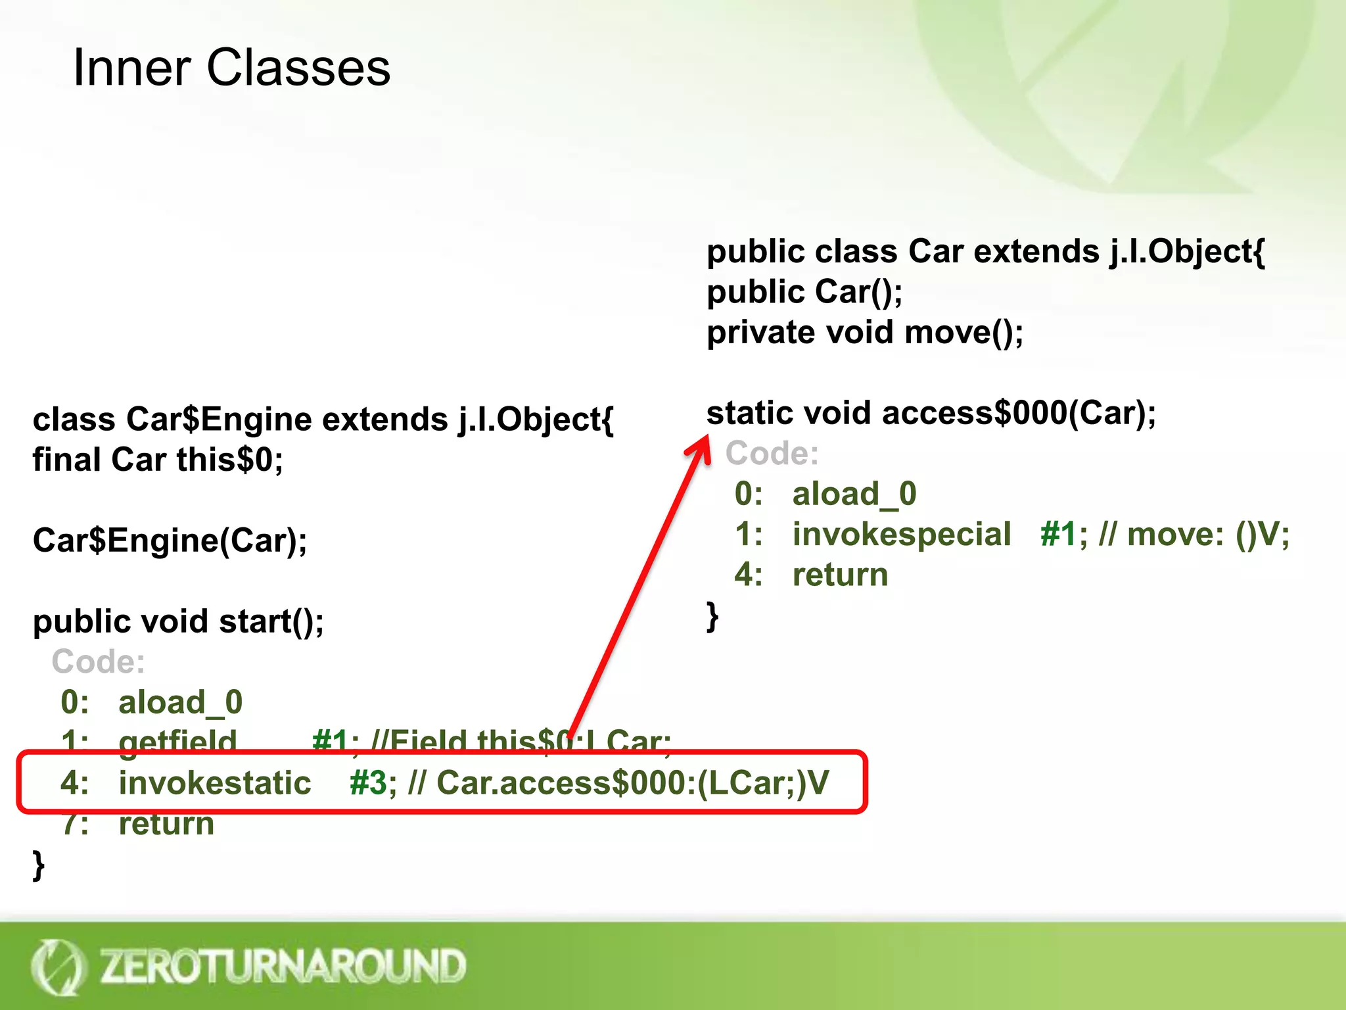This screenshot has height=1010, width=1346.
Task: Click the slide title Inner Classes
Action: click(231, 68)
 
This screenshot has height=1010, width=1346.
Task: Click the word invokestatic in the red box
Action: click(214, 782)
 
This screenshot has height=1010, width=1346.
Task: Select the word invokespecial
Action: click(901, 534)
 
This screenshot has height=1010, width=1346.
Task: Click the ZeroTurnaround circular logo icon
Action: click(58, 967)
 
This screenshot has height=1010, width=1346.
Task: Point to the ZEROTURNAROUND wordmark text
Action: click(283, 966)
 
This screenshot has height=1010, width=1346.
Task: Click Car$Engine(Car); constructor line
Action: click(170, 541)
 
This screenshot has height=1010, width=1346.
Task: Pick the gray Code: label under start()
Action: click(99, 661)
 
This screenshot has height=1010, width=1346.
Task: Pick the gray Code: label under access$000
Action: click(772, 453)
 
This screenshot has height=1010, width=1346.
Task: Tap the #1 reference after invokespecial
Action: click(1058, 534)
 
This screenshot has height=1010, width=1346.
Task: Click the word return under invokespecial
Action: click(840, 575)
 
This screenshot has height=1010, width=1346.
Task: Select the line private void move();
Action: click(864, 332)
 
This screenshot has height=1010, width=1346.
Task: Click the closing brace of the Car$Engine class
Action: click(39, 865)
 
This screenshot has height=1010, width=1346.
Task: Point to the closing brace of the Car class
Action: click(712, 617)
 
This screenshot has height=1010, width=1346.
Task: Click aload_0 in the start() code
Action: click(180, 702)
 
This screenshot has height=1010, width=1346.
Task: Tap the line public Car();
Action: click(804, 292)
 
